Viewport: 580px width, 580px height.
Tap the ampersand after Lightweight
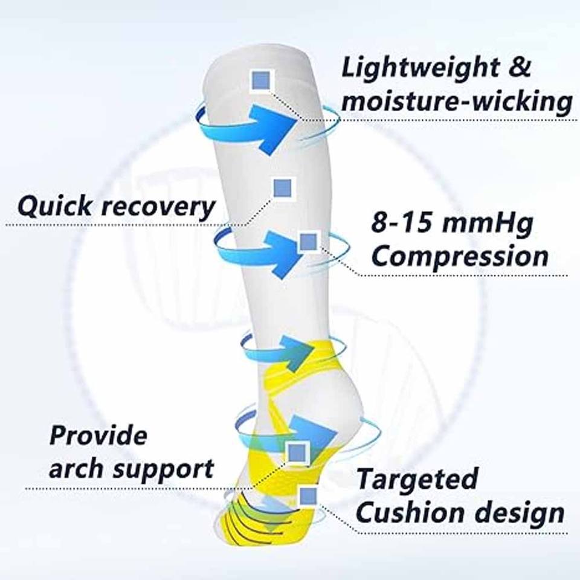tap(518, 66)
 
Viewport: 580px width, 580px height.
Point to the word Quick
tap(54, 207)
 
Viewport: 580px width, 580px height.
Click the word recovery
tap(158, 208)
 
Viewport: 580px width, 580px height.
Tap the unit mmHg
tap(488, 224)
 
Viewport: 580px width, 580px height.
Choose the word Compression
tap(460, 256)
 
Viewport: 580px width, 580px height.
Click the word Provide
tap(98, 435)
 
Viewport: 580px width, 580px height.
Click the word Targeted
tap(417, 480)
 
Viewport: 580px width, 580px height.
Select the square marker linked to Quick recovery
tap(282, 188)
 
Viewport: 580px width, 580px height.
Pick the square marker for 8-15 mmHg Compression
tap(308, 243)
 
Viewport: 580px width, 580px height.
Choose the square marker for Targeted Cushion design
tap(308, 497)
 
